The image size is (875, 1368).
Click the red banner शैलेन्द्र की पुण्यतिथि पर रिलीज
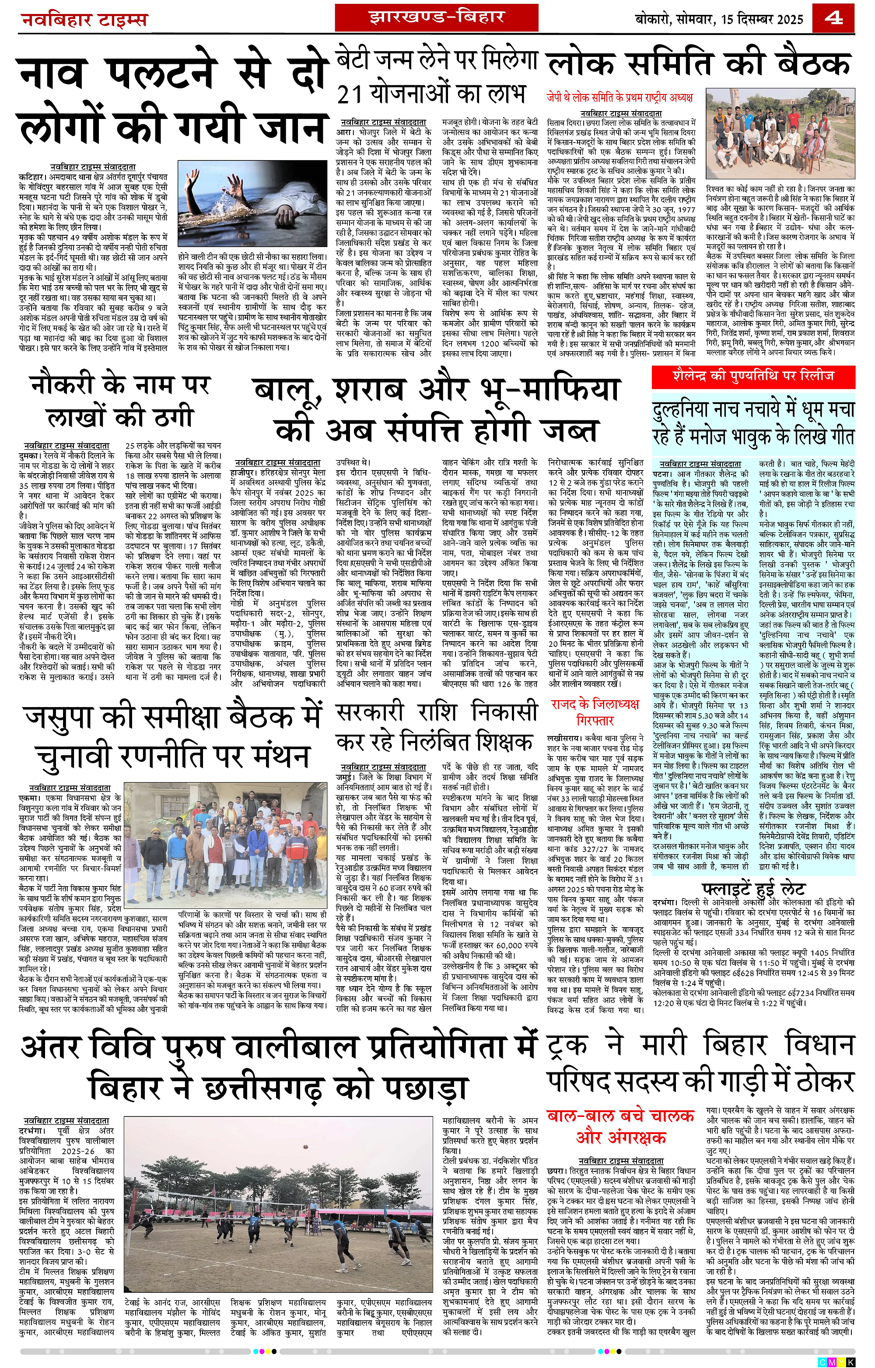753,376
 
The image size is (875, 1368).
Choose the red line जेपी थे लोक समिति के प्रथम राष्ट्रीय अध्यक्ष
620,97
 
